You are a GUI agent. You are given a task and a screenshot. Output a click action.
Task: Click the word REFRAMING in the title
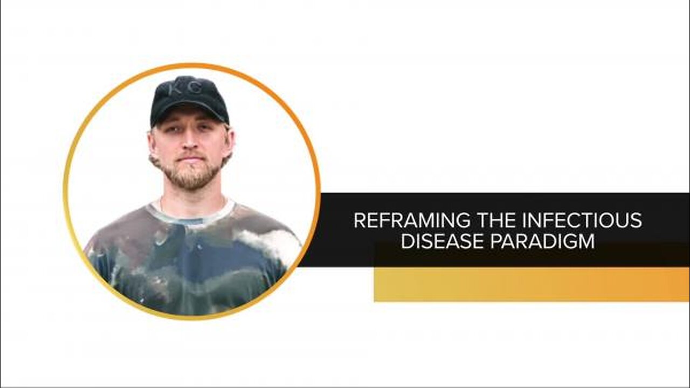(x=412, y=220)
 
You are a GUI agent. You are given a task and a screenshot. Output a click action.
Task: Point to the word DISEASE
(x=443, y=241)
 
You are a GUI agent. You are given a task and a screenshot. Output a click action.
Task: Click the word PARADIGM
(x=543, y=241)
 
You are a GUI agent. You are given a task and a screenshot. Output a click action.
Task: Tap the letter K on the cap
(x=175, y=89)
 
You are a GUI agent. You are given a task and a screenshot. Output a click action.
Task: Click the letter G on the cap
(x=195, y=89)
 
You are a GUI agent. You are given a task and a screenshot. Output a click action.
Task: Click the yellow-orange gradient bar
(x=532, y=284)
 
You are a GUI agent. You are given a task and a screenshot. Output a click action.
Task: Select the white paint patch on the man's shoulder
(x=268, y=241)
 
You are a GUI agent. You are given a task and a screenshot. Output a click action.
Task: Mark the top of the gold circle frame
(x=191, y=65)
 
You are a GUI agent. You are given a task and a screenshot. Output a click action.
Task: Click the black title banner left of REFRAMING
(x=336, y=230)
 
